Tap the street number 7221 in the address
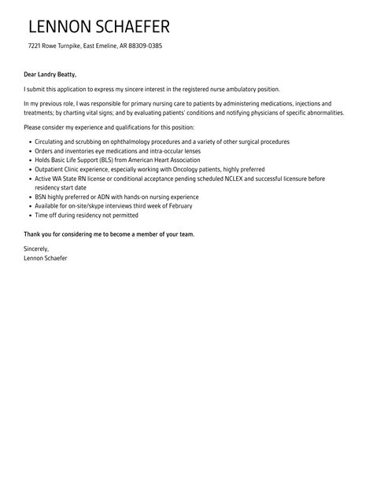(34, 46)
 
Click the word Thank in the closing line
(34, 234)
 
